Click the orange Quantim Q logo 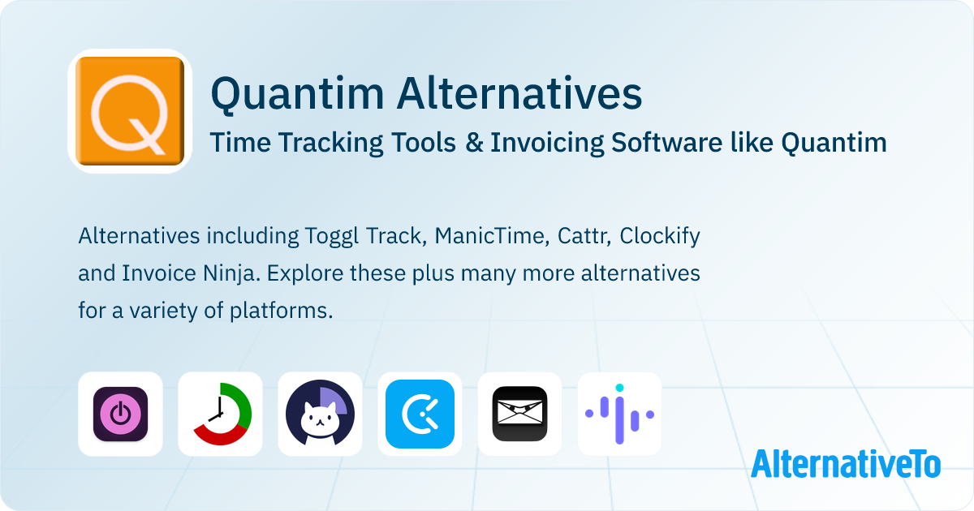pyautogui.click(x=130, y=111)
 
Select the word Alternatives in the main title pyautogui.click(x=519, y=94)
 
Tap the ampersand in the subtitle pyautogui.click(x=479, y=143)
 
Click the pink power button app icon pyautogui.click(x=120, y=414)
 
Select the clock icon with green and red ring pyautogui.click(x=220, y=414)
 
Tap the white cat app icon pyautogui.click(x=320, y=414)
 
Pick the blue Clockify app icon pyautogui.click(x=420, y=414)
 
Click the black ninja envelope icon pyautogui.click(x=519, y=414)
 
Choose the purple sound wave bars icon pyautogui.click(x=619, y=414)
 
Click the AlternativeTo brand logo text pyautogui.click(x=846, y=463)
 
